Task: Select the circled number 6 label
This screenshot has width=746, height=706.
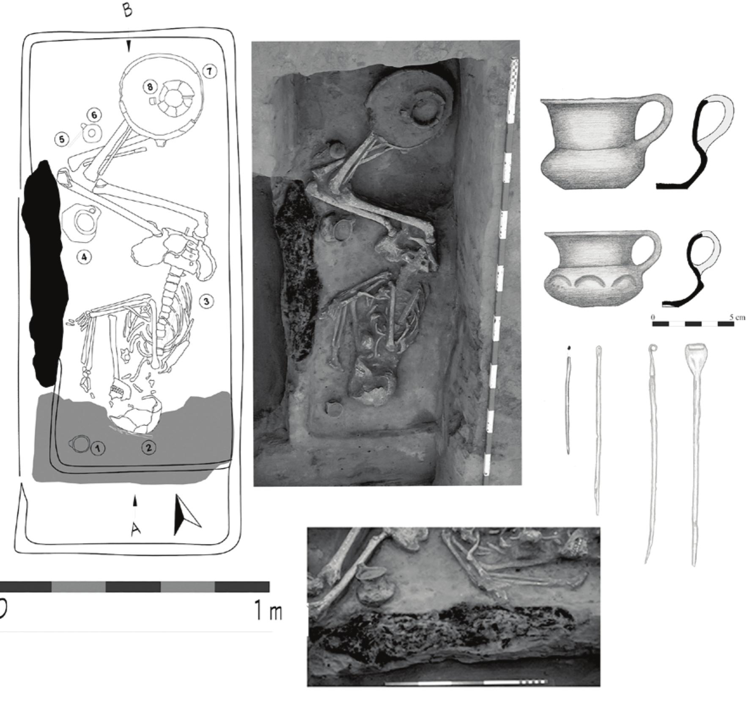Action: click(94, 115)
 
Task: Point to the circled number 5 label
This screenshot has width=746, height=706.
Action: click(62, 139)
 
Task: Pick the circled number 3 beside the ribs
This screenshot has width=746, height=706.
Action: click(206, 301)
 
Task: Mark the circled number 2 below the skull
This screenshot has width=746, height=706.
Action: click(148, 447)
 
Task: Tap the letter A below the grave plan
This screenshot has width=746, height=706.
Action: click(135, 529)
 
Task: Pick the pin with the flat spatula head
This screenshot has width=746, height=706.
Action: click(694, 453)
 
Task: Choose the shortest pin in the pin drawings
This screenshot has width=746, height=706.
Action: click(568, 400)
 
